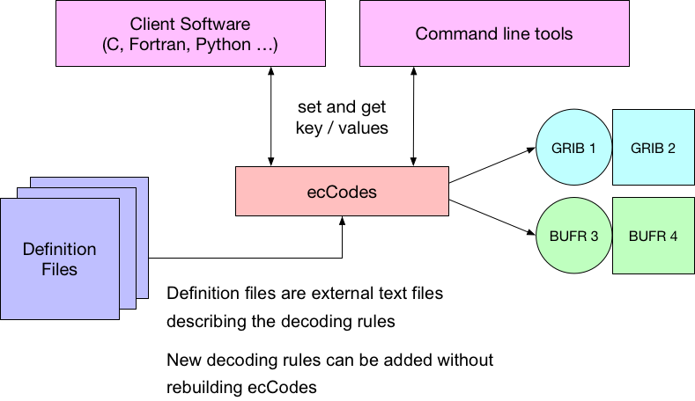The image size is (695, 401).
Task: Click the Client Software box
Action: point(189,33)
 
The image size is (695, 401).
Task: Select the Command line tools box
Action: point(494,33)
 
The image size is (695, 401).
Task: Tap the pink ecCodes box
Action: point(342,191)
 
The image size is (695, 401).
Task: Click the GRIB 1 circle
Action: point(573,147)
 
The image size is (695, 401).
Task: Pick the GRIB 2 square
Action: point(653,147)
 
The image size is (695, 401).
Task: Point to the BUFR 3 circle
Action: point(573,236)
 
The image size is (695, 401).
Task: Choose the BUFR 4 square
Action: point(653,236)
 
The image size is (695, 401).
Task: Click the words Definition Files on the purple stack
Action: point(59,259)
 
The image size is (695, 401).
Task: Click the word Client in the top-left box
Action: point(152,24)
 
